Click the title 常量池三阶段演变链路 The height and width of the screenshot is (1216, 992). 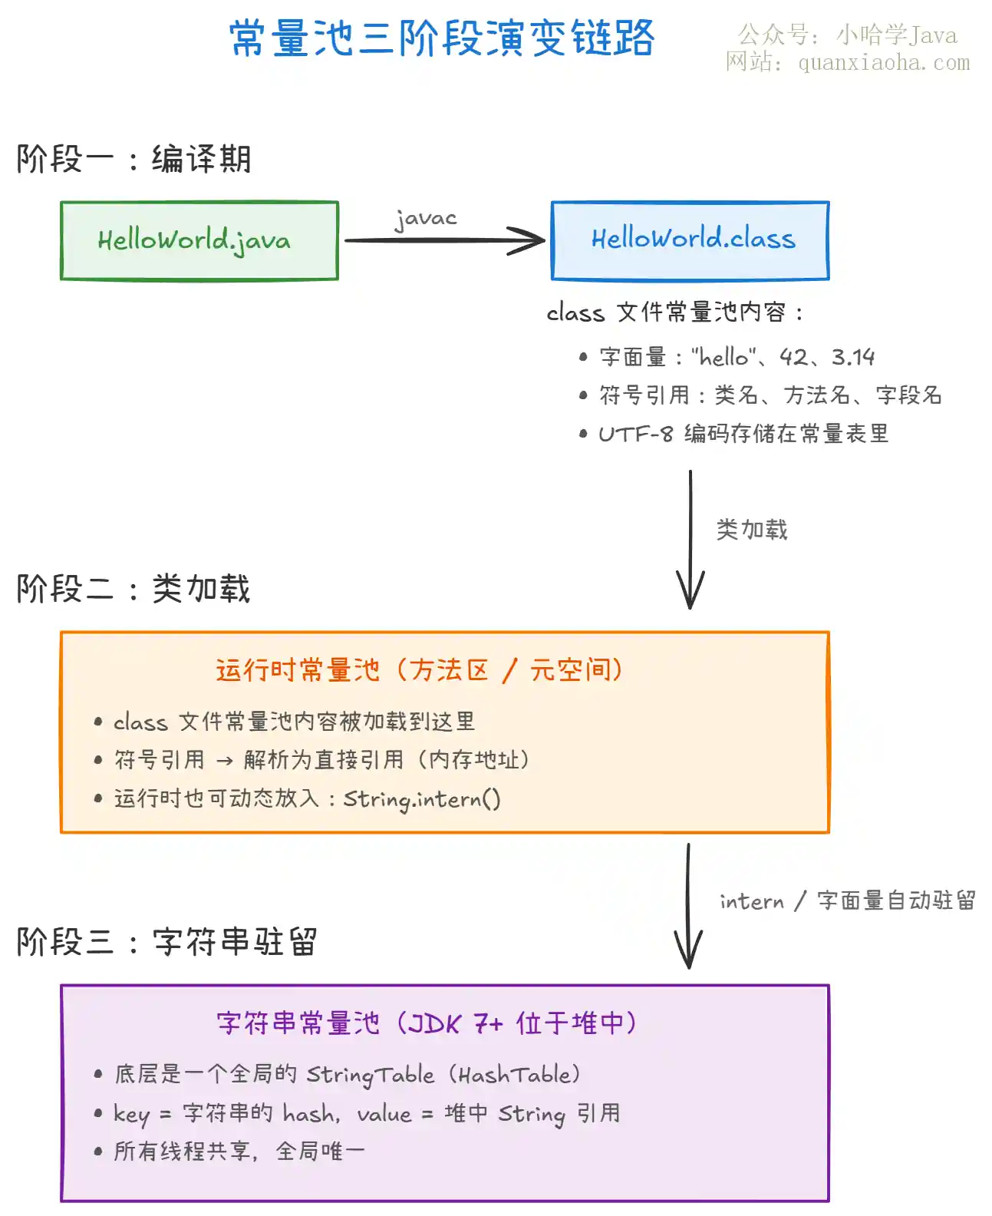(x=442, y=38)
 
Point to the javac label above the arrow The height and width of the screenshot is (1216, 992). (x=426, y=219)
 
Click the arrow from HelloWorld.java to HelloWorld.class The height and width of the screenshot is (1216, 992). (x=444, y=240)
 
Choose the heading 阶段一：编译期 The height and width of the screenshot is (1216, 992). (x=133, y=159)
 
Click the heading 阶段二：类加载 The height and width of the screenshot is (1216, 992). (x=133, y=588)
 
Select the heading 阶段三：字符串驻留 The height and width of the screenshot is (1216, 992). (x=166, y=941)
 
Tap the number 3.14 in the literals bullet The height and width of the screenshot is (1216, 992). (x=852, y=357)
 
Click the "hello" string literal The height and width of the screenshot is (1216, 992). (x=723, y=357)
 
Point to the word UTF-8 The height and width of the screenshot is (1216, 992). (x=635, y=434)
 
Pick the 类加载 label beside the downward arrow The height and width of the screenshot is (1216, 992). (x=752, y=529)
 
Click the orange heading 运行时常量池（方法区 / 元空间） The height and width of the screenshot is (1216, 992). (x=420, y=669)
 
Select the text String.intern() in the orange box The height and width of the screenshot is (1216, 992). (x=422, y=799)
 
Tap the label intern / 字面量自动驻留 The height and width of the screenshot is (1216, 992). (x=847, y=900)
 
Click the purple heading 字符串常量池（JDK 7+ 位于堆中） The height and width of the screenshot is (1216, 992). (x=427, y=1023)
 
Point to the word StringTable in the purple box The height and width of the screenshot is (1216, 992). (x=370, y=1075)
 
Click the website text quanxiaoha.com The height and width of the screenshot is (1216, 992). (x=884, y=62)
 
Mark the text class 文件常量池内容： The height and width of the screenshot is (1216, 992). (x=674, y=312)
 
